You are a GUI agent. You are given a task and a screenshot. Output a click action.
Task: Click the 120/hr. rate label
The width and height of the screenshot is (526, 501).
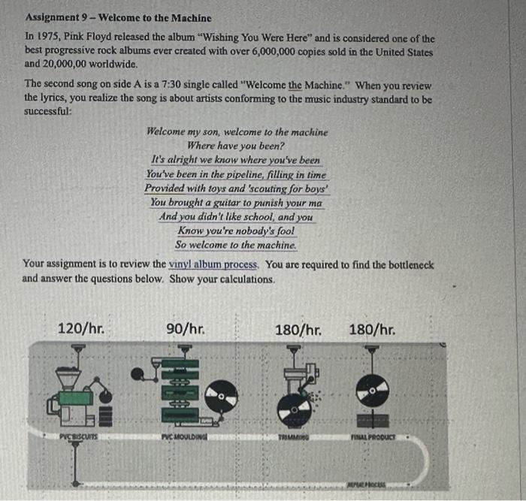coord(80,329)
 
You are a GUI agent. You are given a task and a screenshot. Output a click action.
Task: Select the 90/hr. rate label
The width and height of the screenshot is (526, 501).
coord(184,329)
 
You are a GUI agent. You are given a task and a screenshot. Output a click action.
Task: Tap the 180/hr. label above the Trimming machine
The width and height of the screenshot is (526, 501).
coord(299,329)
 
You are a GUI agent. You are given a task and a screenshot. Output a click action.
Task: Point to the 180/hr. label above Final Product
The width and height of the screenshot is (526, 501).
coord(372,329)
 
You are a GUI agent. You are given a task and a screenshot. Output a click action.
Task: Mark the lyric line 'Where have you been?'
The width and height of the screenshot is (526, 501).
coord(236,146)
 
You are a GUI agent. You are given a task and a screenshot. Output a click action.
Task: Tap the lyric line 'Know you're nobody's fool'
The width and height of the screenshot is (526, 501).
coord(236,231)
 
